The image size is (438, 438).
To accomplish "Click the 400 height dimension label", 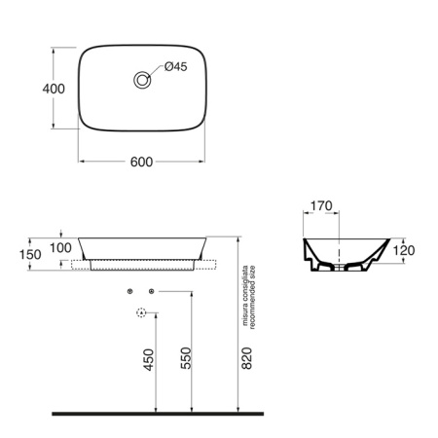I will point(55,89).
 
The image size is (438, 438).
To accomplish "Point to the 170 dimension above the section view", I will point(321,207).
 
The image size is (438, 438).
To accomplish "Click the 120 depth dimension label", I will point(405,250).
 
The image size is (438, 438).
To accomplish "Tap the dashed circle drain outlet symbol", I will point(140,313).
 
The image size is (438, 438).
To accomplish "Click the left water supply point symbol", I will point(129,291).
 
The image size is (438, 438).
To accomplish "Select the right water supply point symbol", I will point(151,291).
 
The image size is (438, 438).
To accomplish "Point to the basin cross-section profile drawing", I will point(346,259).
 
